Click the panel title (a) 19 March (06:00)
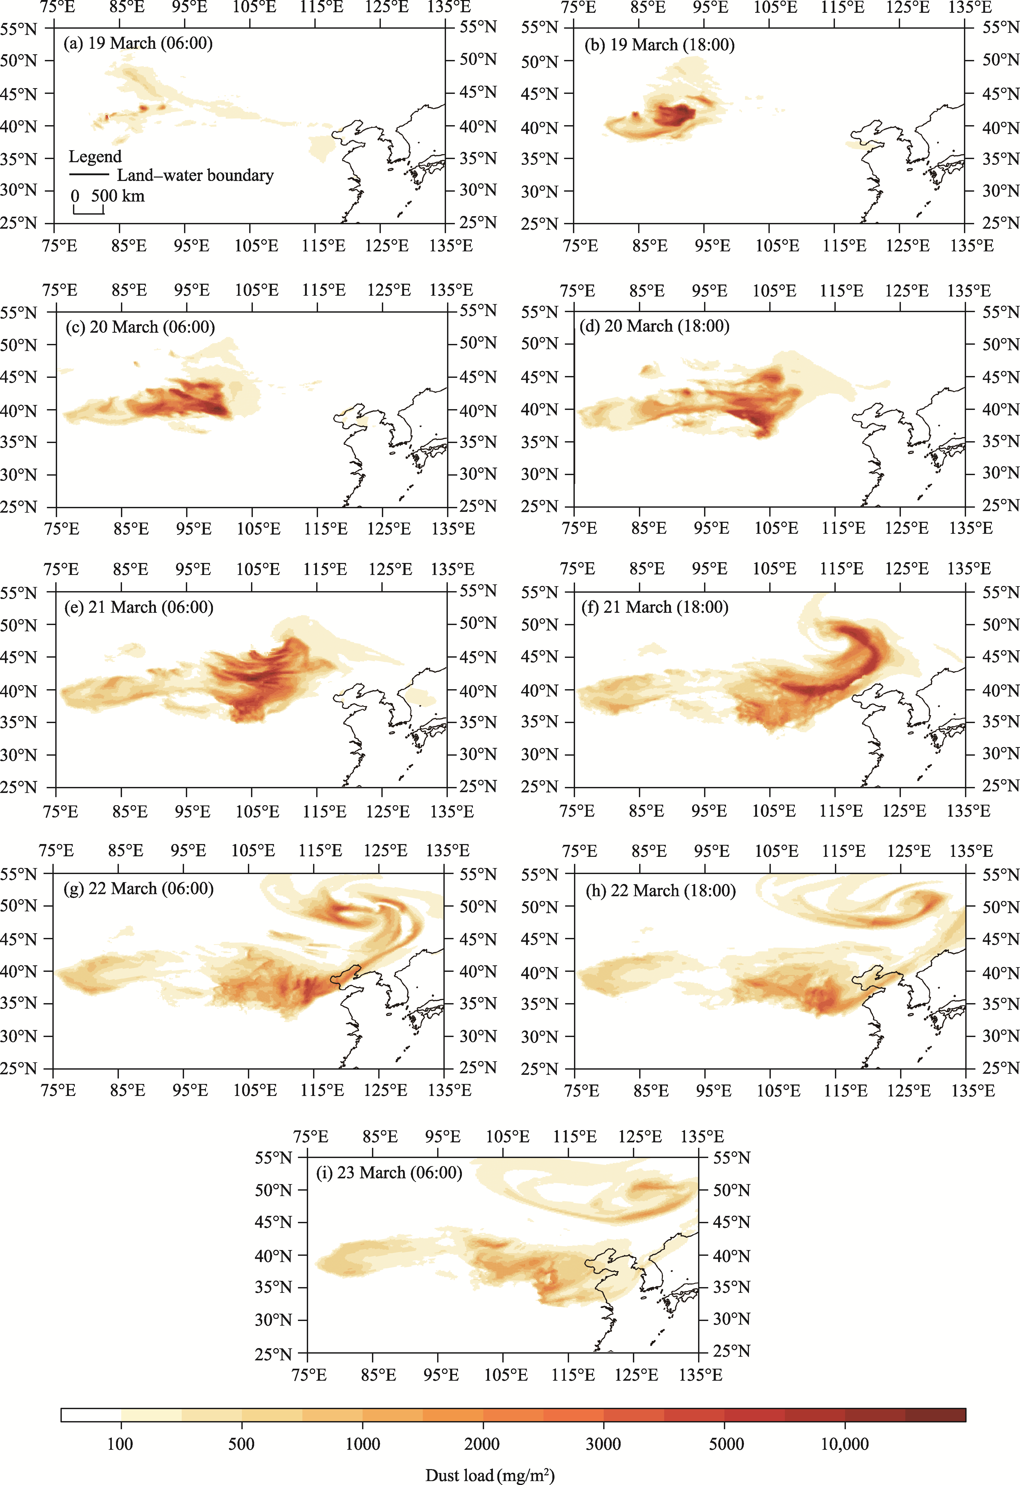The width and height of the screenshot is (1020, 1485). (138, 44)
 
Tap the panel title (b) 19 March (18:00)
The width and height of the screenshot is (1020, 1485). (659, 45)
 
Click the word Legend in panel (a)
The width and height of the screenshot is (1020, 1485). (95, 157)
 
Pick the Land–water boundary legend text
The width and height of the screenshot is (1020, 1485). (195, 175)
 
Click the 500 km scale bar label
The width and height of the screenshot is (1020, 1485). (118, 196)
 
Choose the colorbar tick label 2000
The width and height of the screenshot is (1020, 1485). (482, 1444)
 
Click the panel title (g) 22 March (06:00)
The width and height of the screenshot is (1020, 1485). (139, 889)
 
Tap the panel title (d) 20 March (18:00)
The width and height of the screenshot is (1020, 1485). (655, 326)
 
